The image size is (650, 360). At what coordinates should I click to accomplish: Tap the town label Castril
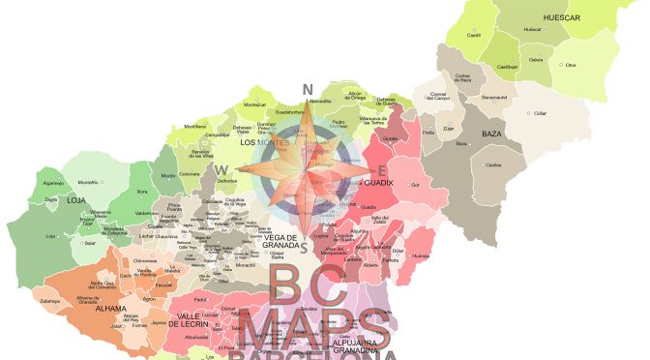475,35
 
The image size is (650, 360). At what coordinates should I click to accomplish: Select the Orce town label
571,66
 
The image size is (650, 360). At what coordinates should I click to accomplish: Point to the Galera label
536,59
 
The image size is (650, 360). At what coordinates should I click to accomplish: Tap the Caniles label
493,165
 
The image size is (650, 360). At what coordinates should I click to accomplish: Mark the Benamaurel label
494,97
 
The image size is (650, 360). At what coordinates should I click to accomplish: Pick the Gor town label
415,184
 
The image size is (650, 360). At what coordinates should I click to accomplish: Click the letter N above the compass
309,91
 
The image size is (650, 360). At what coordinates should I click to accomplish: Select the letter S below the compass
304,248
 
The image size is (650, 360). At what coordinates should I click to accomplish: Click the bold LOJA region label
51,201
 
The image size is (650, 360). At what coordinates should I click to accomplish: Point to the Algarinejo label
53,181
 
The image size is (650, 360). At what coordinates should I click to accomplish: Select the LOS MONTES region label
258,143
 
